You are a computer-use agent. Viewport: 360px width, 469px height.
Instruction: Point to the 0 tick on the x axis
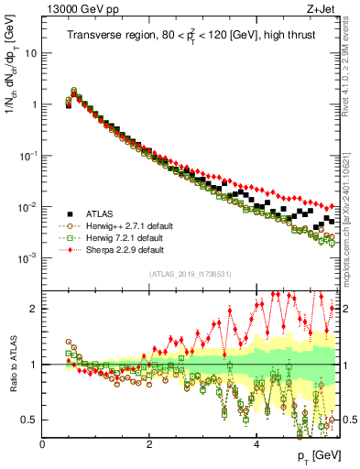click(42, 442)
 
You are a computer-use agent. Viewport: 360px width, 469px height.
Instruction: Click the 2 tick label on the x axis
click(149, 442)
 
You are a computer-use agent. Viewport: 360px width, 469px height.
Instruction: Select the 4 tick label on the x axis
click(256, 442)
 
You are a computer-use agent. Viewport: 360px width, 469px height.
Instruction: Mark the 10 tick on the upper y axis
click(30, 52)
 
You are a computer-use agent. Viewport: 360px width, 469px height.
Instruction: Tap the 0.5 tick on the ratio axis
click(28, 420)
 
